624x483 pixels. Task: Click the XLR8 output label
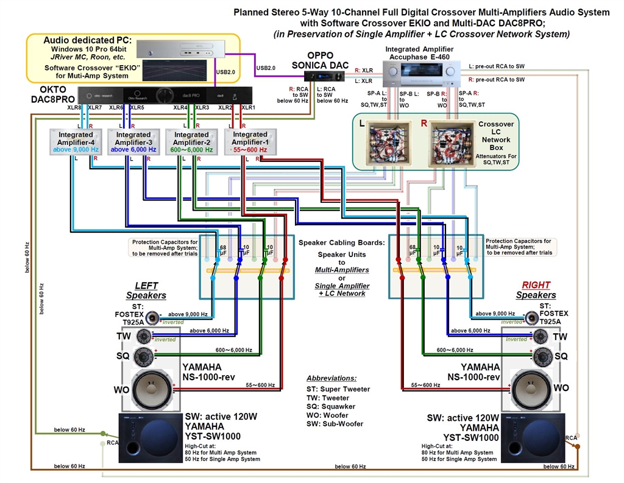tap(74, 108)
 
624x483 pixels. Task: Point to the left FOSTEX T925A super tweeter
tap(152, 318)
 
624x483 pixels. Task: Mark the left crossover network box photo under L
tap(391, 145)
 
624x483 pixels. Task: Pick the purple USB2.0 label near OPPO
tap(266, 68)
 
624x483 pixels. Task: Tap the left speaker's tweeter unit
tap(144, 336)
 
